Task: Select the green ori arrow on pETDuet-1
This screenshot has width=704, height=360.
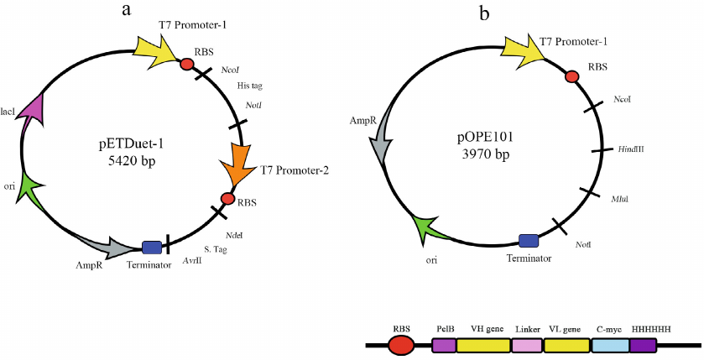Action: point(33,190)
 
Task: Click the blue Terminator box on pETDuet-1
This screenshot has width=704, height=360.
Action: point(152,247)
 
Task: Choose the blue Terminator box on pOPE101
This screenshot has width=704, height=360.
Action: point(529,241)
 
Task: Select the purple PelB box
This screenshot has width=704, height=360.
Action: point(444,345)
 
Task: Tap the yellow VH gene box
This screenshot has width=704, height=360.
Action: point(483,345)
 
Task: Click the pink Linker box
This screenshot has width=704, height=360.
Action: point(526,345)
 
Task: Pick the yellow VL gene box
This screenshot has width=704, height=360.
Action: point(565,345)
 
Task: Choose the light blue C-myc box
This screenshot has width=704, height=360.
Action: point(610,345)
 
